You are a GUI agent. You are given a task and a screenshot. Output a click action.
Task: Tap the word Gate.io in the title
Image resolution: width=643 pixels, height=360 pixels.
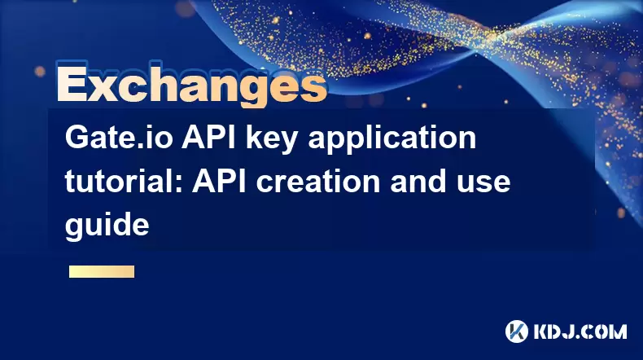pos(119,138)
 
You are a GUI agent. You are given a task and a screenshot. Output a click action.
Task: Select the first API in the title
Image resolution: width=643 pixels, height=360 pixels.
pos(209,138)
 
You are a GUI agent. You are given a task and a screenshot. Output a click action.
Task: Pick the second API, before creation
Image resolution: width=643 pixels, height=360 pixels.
pos(220,181)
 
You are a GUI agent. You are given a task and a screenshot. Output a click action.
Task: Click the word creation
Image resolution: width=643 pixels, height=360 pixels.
pos(318,181)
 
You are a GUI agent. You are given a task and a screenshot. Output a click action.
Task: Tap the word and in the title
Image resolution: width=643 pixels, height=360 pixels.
pos(418,181)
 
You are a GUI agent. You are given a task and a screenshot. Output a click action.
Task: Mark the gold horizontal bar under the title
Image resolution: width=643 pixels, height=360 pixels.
pos(102,272)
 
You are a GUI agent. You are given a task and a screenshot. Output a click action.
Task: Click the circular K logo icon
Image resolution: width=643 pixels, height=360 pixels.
pos(517,331)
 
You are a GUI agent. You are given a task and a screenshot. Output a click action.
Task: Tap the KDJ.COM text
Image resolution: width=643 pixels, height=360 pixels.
pos(580,331)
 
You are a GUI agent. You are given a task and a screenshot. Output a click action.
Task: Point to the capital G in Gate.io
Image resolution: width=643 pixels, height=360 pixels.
pos(78,138)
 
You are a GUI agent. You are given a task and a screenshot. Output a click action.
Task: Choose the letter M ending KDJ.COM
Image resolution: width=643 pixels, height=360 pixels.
pos(617,331)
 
